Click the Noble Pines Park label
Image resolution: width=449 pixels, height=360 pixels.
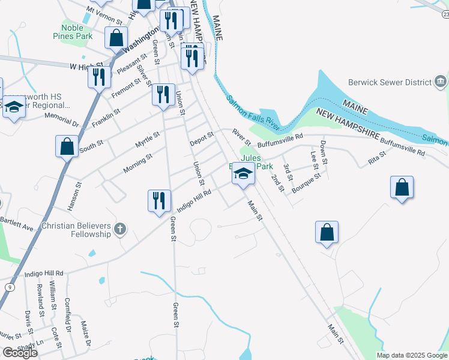pyautogui.click(x=77, y=31)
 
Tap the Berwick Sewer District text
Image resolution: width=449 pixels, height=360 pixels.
pyautogui.click(x=390, y=83)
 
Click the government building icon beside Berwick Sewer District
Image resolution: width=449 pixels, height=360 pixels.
pyautogui.click(x=440, y=82)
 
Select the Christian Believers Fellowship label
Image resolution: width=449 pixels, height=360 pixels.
pyautogui.click(x=76, y=230)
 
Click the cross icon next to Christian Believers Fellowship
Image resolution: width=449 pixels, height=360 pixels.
pyautogui.click(x=120, y=229)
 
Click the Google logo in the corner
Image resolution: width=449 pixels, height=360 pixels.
pyautogui.click(x=20, y=352)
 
